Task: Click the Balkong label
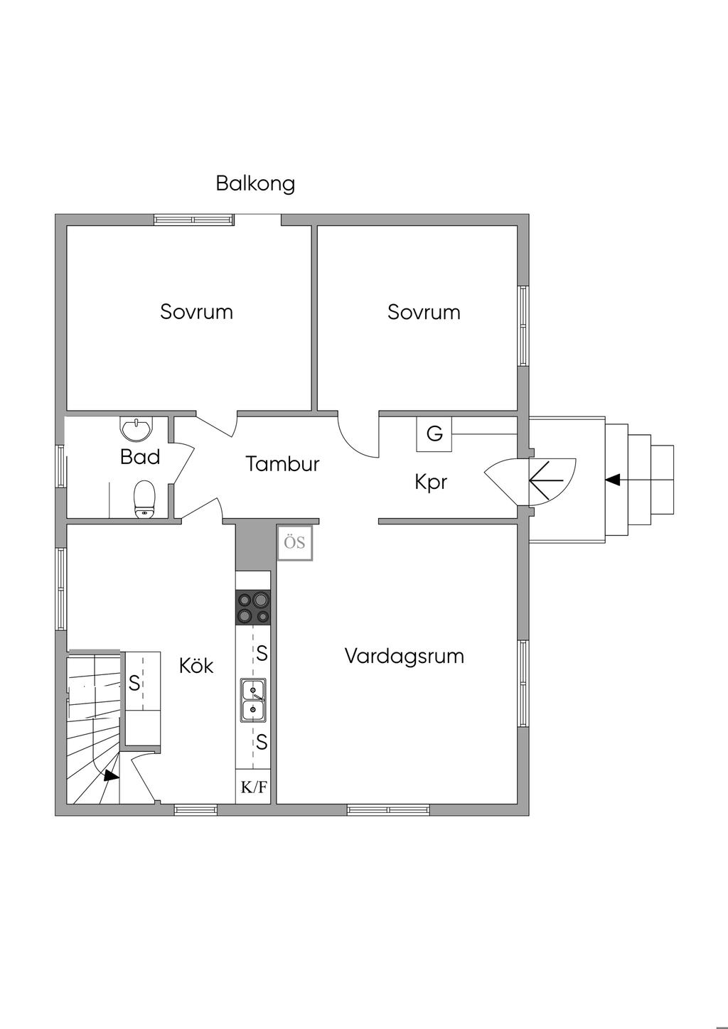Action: pos(255,184)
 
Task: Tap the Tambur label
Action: pos(282,463)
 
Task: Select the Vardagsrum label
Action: pos(405,657)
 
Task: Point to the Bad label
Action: pos(140,457)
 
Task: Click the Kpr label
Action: pos(431,483)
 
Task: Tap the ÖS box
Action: pos(294,544)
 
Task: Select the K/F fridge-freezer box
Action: pos(254,787)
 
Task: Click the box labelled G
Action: pos(434,433)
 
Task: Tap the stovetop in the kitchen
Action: pos(253,608)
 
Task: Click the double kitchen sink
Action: pos(253,700)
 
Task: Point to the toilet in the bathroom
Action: pos(145,500)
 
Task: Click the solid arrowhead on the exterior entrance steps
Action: pos(613,480)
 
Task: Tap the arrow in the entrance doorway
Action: pos(547,480)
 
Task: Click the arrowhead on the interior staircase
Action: pos(111,776)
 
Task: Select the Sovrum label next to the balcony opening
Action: pos(196,312)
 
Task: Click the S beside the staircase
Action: pos(134,683)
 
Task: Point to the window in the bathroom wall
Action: pos(60,465)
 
